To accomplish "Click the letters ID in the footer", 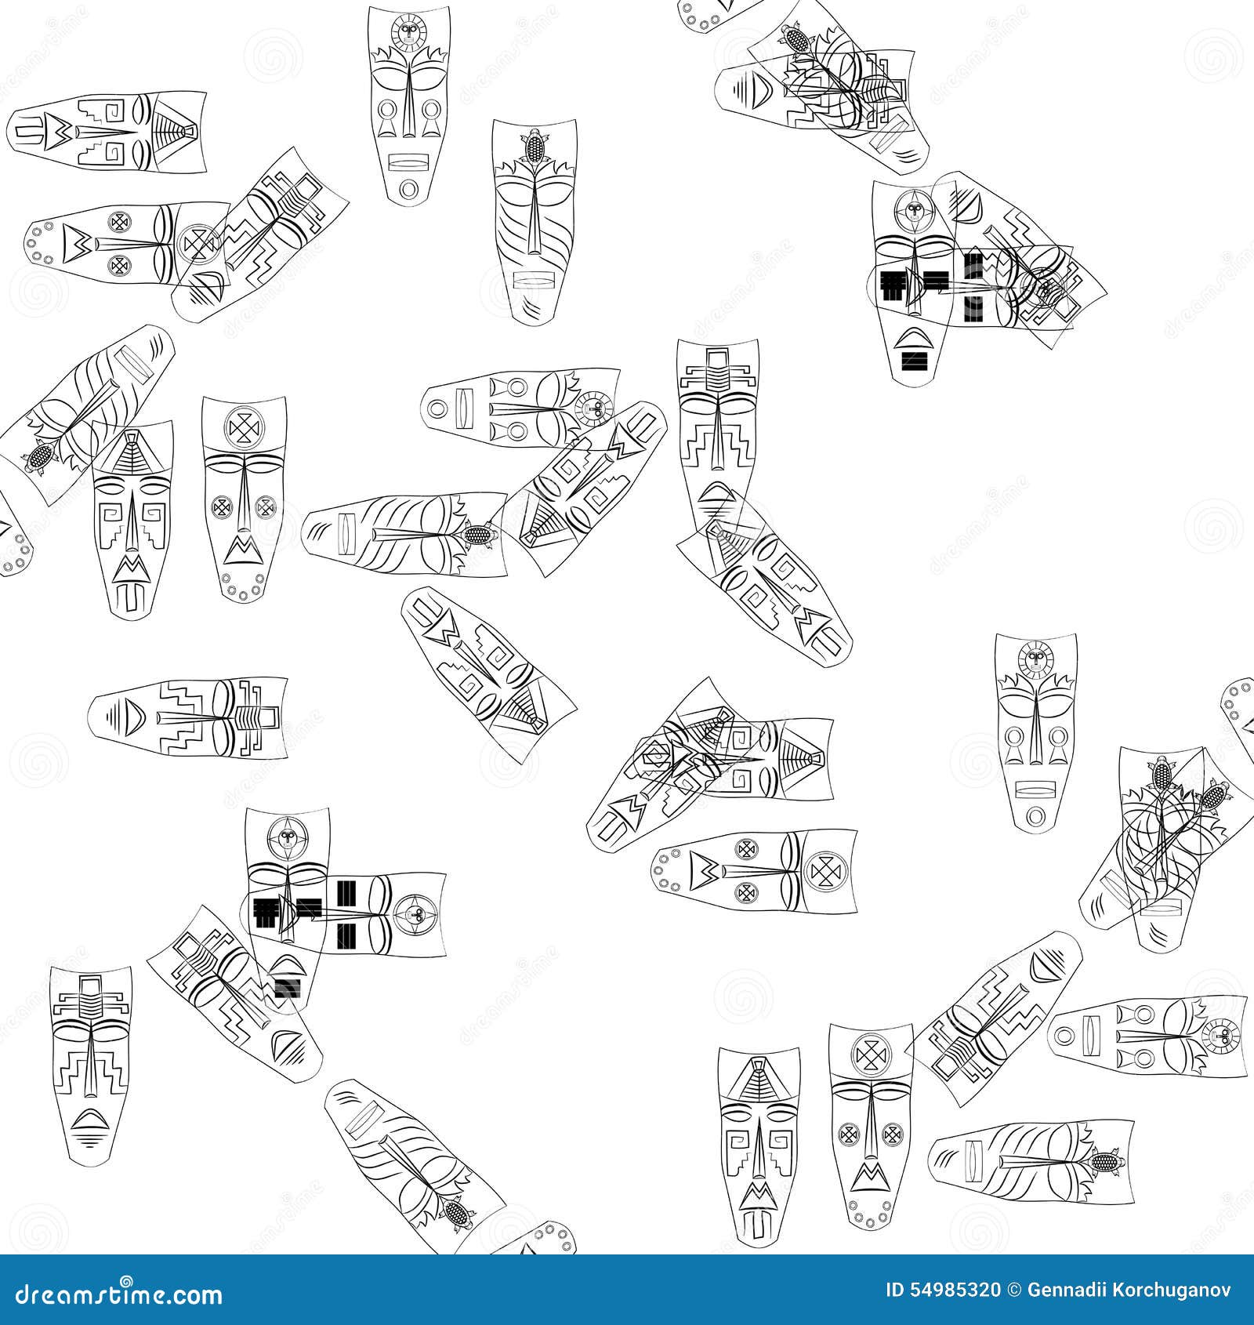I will [896, 1290].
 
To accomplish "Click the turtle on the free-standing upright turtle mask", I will [535, 146].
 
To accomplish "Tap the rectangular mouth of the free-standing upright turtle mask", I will [533, 280].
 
